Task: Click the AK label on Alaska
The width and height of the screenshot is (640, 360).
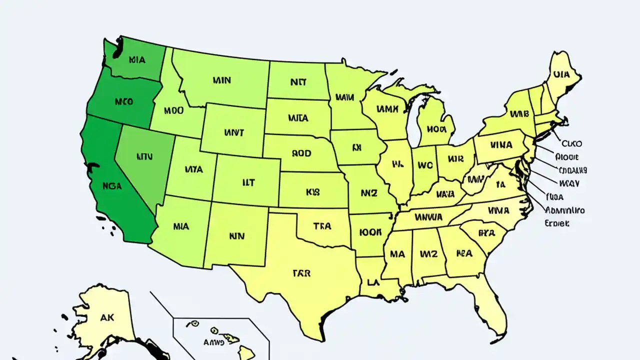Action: tap(107, 316)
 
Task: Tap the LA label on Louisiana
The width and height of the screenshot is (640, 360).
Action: tap(372, 282)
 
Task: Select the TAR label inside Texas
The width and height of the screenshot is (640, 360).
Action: tap(301, 273)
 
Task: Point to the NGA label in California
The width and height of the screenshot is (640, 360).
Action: tap(112, 185)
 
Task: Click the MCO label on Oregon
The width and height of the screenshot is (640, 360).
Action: tap(123, 101)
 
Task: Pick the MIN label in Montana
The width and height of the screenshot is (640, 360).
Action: tap(221, 80)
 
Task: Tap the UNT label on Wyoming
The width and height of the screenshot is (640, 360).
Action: tap(234, 133)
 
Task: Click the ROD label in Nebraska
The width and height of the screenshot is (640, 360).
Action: tap(301, 153)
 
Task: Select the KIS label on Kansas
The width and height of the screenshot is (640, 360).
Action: tap(312, 191)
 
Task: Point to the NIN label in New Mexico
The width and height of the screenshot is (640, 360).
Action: tap(236, 235)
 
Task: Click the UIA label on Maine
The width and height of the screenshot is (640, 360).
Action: tap(561, 75)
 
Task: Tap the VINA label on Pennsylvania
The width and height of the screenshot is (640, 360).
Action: tap(501, 145)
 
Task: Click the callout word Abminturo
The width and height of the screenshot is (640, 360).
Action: tap(565, 210)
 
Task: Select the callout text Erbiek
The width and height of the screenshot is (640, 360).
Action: tap(556, 223)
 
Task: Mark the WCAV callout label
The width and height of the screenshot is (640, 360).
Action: tap(569, 183)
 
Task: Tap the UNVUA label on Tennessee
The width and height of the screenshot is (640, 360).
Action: tap(428, 217)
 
